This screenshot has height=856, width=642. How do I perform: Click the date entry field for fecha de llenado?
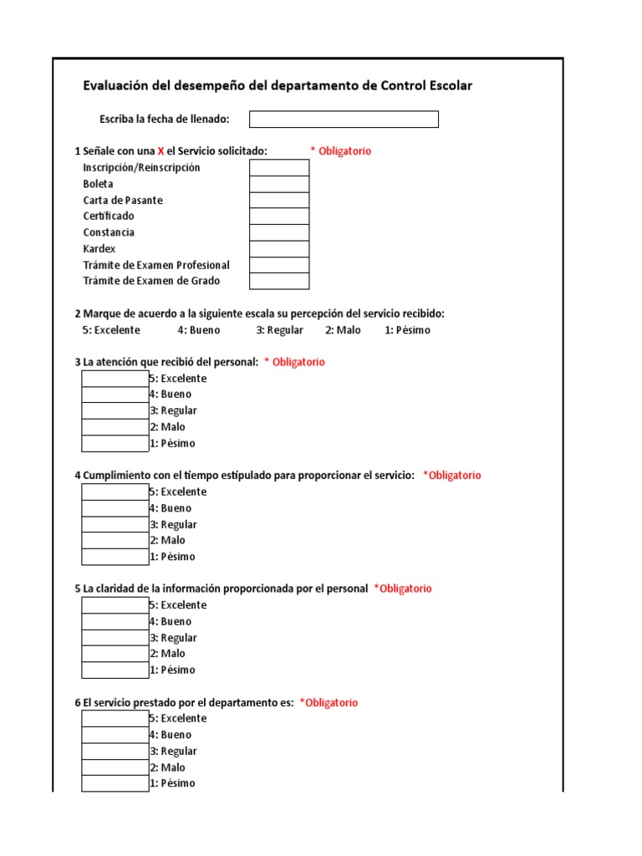(344, 120)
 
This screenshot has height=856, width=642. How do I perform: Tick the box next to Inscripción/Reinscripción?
(279, 168)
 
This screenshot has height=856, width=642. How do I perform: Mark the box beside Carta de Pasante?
(279, 201)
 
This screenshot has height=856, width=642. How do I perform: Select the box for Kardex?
(279, 249)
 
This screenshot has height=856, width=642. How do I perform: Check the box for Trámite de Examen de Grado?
(279, 281)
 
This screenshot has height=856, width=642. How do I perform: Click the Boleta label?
(98, 184)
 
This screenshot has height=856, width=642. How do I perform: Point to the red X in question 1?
(161, 151)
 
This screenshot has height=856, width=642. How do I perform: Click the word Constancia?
(109, 232)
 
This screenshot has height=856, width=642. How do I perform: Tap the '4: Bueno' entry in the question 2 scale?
(199, 330)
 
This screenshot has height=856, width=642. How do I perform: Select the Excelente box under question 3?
(115, 379)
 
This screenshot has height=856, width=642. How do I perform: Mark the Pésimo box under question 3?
(115, 443)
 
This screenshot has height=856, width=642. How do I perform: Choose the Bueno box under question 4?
(115, 508)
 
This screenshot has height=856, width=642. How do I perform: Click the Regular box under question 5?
(115, 638)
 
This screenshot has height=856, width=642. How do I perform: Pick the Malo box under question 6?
(115, 767)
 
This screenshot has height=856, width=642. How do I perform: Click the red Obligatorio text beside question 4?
(452, 476)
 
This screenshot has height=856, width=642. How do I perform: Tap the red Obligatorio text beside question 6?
(329, 703)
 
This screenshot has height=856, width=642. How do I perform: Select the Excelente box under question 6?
(115, 719)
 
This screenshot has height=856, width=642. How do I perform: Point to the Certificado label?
(109, 217)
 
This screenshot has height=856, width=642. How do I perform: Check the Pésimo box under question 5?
(115, 670)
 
